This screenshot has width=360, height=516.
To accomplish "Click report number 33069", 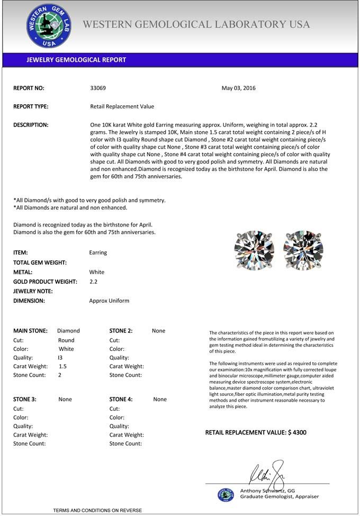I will pyautogui.click(x=98, y=88).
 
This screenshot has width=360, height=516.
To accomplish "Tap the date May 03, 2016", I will pyautogui.click(x=238, y=88).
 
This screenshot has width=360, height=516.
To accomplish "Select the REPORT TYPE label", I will pyautogui.click(x=31, y=106).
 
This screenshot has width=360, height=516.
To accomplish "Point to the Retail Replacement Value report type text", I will pyautogui.click(x=122, y=106).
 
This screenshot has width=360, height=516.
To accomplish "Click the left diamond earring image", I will pyautogui.click(x=255, y=250).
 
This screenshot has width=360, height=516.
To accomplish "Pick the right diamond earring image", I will pyautogui.click(x=303, y=250).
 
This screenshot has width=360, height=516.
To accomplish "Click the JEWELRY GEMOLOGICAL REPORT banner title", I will pyautogui.click(x=76, y=60).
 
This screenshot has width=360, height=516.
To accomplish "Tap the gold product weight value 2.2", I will pyautogui.click(x=94, y=282).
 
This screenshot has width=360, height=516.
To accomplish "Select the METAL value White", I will pyautogui.click(x=97, y=272).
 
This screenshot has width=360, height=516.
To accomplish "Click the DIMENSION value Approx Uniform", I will pyautogui.click(x=109, y=301).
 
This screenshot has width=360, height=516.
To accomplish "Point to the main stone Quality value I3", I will pyautogui.click(x=60, y=357).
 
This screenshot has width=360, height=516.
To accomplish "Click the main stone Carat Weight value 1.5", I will pyautogui.click(x=62, y=366).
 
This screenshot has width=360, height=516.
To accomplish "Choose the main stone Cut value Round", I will pyautogui.click(x=66, y=340).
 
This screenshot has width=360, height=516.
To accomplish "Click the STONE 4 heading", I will pyautogui.click(x=121, y=399).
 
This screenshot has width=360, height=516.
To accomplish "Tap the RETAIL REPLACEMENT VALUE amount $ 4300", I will pyautogui.click(x=297, y=432).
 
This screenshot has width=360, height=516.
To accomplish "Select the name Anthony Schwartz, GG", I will pyautogui.click(x=267, y=491).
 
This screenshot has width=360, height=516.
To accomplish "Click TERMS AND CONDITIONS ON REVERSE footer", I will pyautogui.click(x=97, y=510).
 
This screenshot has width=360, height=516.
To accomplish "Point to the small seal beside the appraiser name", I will pyautogui.click(x=226, y=494).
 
